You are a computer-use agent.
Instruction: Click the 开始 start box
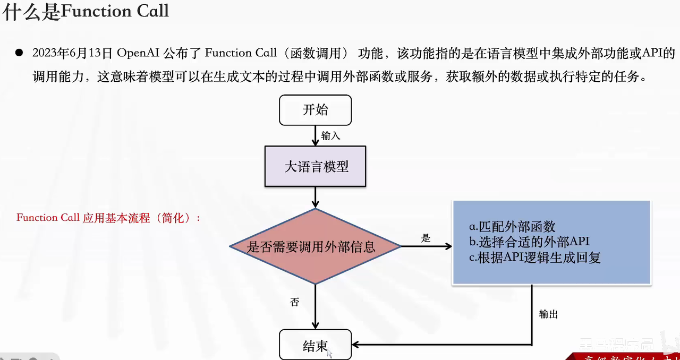(315, 110)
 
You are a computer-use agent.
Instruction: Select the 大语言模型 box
(316, 167)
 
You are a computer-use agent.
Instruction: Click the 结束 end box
(315, 346)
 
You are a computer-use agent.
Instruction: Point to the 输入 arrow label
(330, 136)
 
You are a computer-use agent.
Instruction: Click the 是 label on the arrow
(426, 238)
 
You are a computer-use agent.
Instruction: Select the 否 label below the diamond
(295, 302)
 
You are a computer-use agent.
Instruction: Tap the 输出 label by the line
(548, 314)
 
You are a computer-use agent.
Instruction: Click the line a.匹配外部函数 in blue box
(512, 227)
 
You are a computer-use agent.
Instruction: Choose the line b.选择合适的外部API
(529, 242)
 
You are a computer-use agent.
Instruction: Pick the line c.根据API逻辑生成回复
(534, 258)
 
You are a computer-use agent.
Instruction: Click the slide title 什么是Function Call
(85, 11)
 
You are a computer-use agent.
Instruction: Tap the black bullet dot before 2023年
(19, 53)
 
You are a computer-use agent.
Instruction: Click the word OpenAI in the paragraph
(138, 53)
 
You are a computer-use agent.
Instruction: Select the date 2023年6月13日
(72, 53)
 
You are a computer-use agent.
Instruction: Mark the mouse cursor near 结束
(329, 353)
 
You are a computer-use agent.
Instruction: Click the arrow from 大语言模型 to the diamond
(316, 198)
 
